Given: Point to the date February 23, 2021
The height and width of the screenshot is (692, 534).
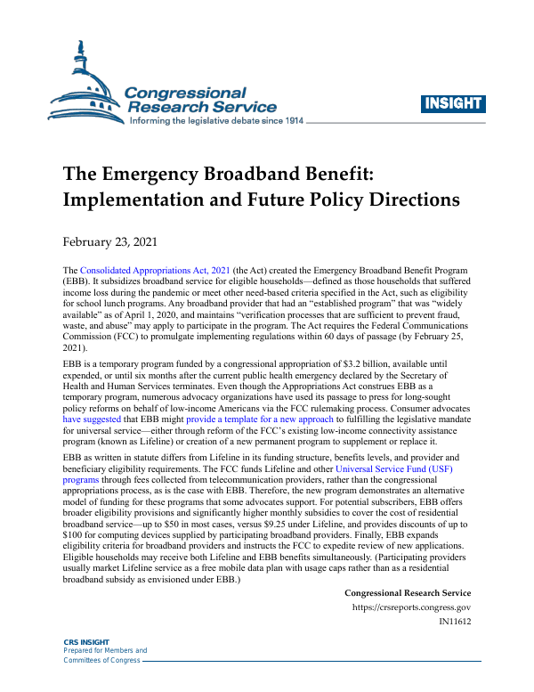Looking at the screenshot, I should (x=109, y=241).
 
